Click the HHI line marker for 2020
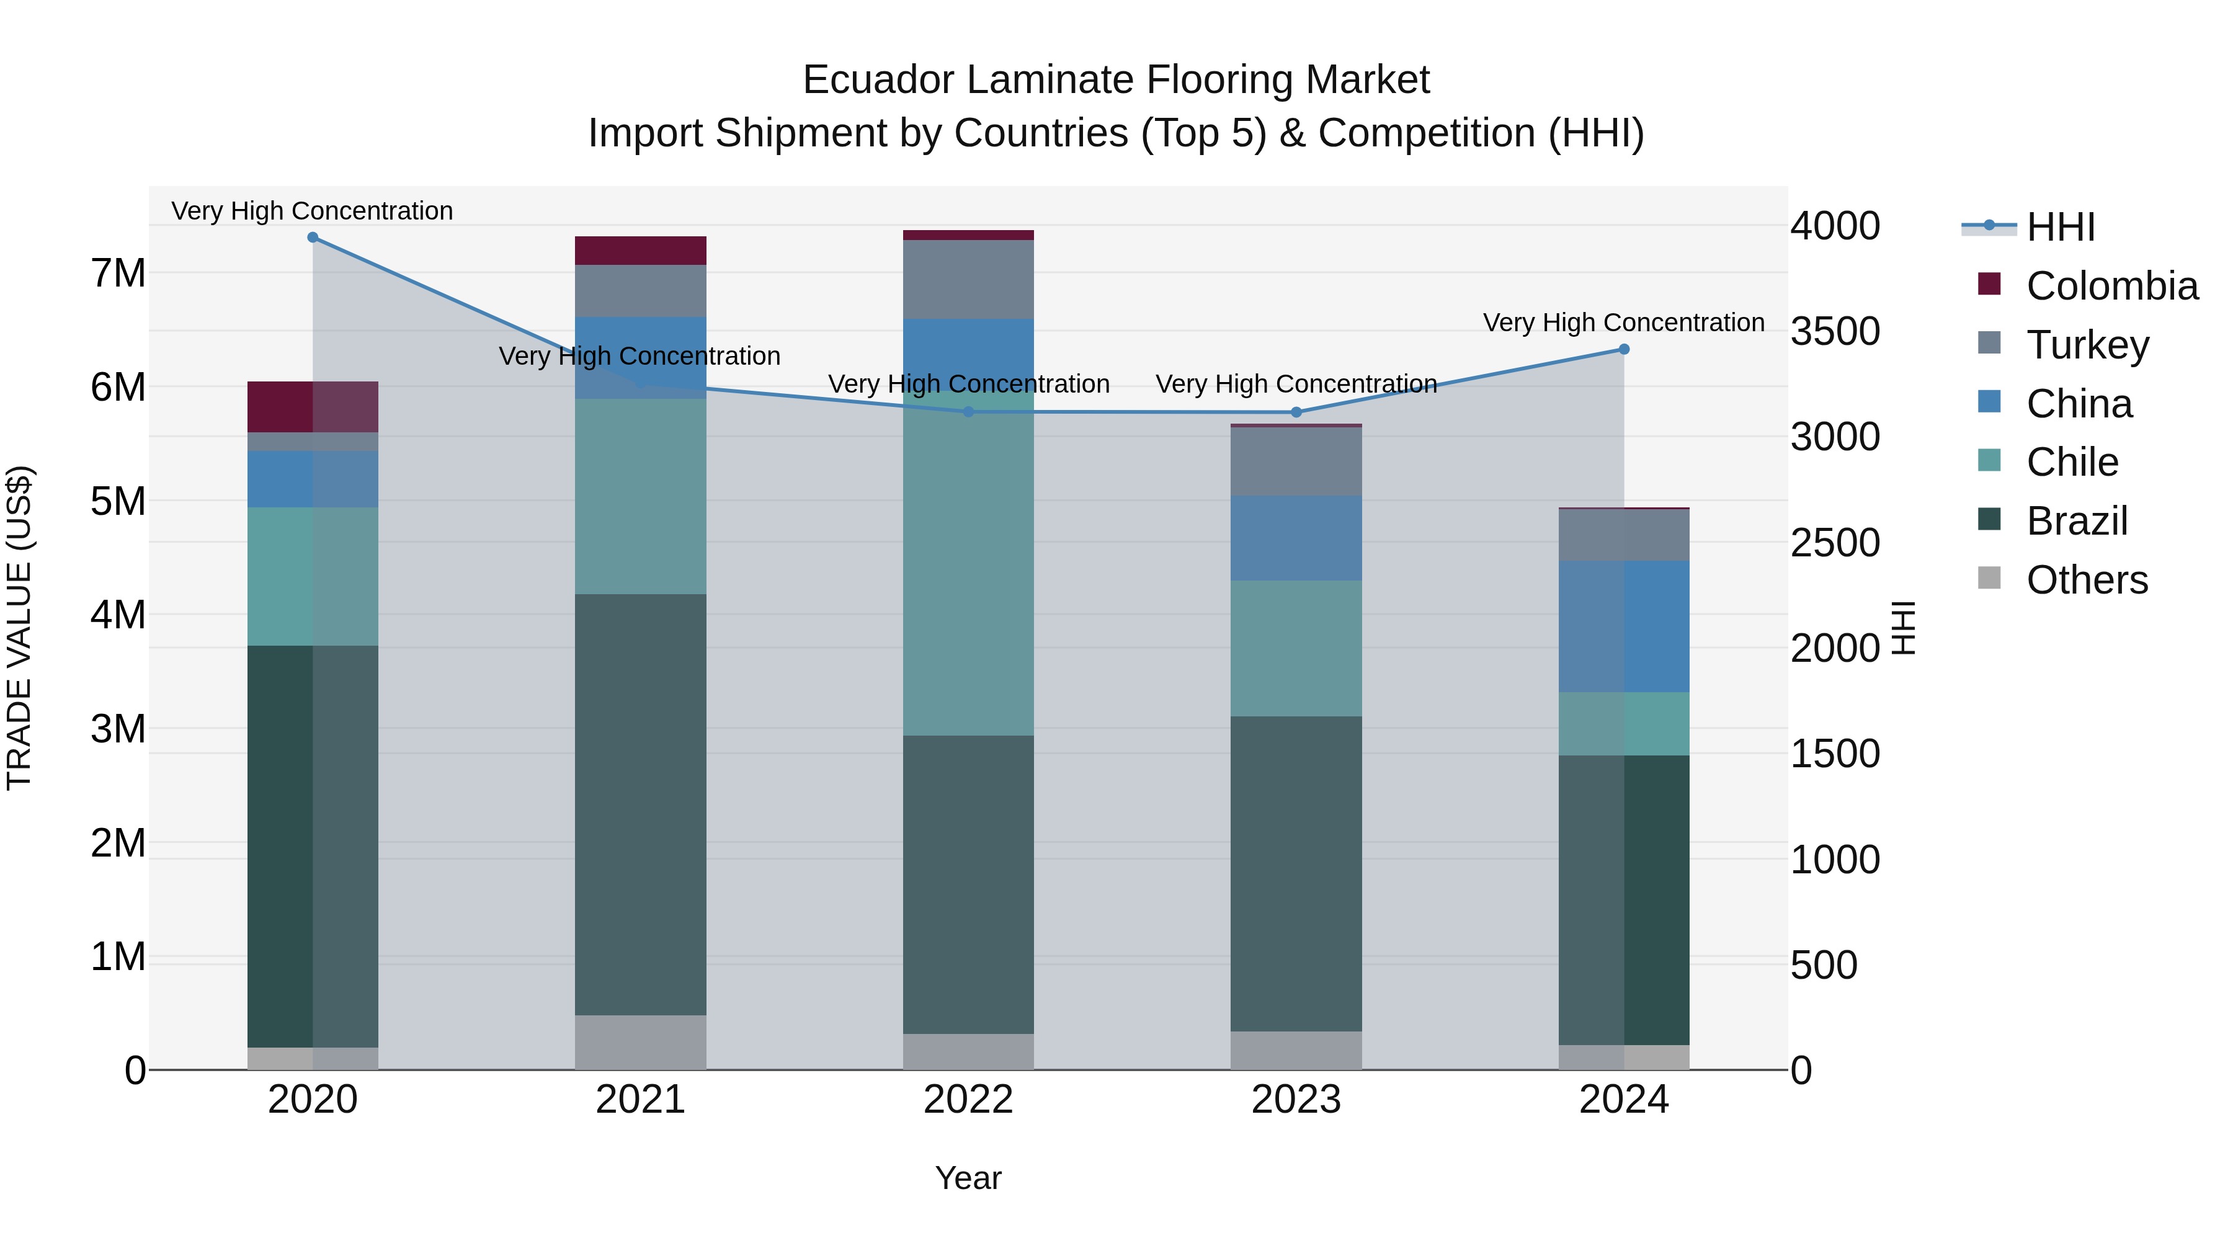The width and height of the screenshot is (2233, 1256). point(313,238)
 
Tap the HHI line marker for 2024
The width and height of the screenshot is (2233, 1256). point(1624,349)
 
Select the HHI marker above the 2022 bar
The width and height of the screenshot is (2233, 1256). point(968,412)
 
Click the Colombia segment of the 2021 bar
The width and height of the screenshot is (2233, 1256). point(641,251)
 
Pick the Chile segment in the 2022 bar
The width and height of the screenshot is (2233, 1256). point(968,563)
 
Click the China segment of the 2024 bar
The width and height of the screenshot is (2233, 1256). point(1624,626)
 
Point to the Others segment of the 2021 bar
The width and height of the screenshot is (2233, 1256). point(641,1042)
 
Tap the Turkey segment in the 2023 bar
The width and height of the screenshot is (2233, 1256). point(1296,461)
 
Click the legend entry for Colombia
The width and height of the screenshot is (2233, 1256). point(2111,286)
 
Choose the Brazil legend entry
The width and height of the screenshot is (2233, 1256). point(2076,521)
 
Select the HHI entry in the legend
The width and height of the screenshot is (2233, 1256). point(2061,227)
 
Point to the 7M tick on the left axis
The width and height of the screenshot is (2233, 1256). point(118,273)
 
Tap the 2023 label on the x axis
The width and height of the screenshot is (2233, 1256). point(1296,1100)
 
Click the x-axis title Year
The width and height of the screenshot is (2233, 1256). point(968,1178)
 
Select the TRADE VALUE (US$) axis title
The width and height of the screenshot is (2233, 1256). point(19,628)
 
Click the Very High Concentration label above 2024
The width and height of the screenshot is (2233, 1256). point(1624,323)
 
